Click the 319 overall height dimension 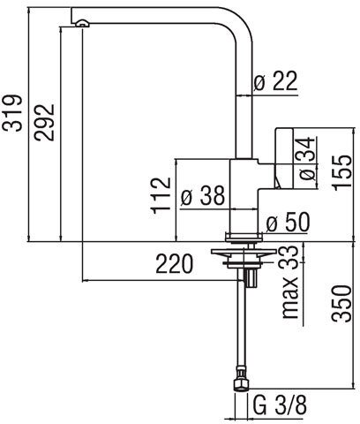pyautogui.click(x=11, y=112)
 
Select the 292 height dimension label pyautogui.click(x=44, y=122)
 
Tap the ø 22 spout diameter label pyautogui.click(x=276, y=80)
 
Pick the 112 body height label pyautogui.click(x=161, y=195)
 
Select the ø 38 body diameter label pyautogui.click(x=203, y=195)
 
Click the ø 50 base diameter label pyautogui.click(x=288, y=222)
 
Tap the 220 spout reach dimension pyautogui.click(x=175, y=263)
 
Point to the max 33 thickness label pyautogui.click(x=290, y=283)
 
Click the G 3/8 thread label pyautogui.click(x=280, y=405)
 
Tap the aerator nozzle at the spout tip pyautogui.click(x=82, y=23)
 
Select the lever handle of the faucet pyautogui.click(x=284, y=158)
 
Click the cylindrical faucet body pyautogui.click(x=244, y=196)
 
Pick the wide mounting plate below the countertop pyautogui.click(x=244, y=252)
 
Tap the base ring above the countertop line pyautogui.click(x=244, y=237)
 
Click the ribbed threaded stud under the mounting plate pyautogui.click(x=251, y=278)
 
